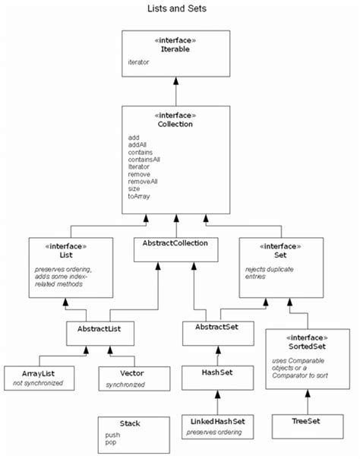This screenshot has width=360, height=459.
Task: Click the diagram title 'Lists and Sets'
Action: pyautogui.click(x=176, y=10)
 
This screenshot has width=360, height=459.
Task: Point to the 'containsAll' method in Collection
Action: pyautogui.click(x=145, y=160)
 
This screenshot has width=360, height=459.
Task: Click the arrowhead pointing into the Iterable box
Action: pyautogui.click(x=176, y=81)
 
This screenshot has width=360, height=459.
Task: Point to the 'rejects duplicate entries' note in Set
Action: pyautogui.click(x=270, y=272)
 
